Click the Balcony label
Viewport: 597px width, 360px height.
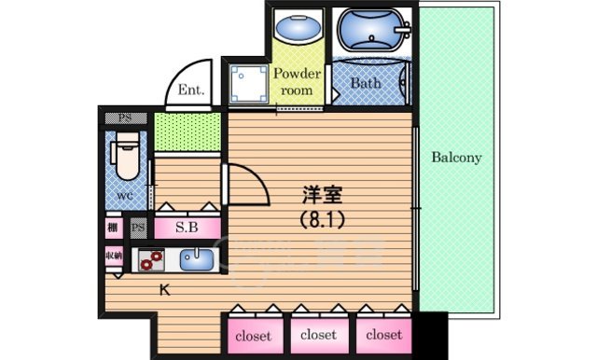tap(456, 158)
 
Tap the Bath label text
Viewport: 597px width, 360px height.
tap(366, 83)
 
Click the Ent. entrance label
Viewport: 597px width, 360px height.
tap(191, 91)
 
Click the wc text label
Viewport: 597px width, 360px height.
tap(123, 197)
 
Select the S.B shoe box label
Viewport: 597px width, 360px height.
tap(187, 227)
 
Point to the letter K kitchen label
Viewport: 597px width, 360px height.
tap(164, 290)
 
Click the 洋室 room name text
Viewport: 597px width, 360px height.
tap(322, 196)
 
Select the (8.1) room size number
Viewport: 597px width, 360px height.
tap(322, 221)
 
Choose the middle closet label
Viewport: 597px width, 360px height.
tap(317, 334)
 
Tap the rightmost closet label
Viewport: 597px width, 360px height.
tap(383, 334)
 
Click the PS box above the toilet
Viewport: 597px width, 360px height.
tap(123, 118)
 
